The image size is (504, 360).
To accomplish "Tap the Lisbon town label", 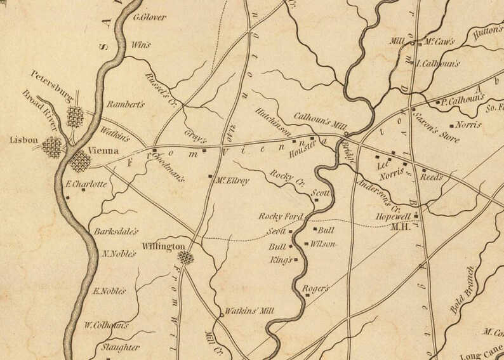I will point(23,140).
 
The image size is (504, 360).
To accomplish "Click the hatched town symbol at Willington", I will point(185,257).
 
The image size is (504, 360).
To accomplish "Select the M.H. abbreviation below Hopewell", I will point(401,227).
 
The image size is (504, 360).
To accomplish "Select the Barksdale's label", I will point(116,232).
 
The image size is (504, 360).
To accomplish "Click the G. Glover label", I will point(150,17).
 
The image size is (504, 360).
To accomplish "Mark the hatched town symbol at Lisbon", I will point(53,148).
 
